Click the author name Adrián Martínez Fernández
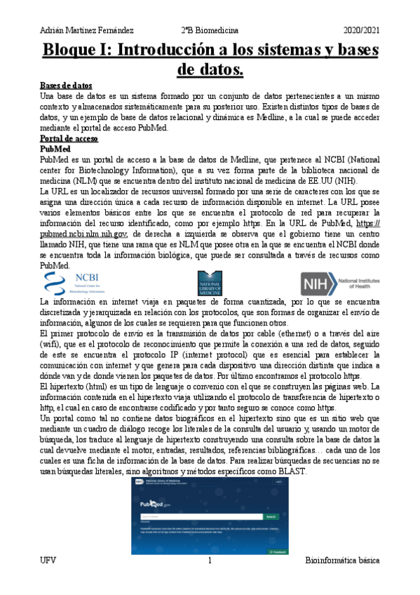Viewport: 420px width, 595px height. click(86, 30)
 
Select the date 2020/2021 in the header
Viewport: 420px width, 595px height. click(361, 30)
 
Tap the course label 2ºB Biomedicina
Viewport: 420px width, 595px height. click(210, 30)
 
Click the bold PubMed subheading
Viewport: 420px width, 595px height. click(56, 149)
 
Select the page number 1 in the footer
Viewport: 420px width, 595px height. click(210, 561)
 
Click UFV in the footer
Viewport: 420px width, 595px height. click(48, 561)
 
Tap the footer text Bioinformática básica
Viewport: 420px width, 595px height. click(343, 561)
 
